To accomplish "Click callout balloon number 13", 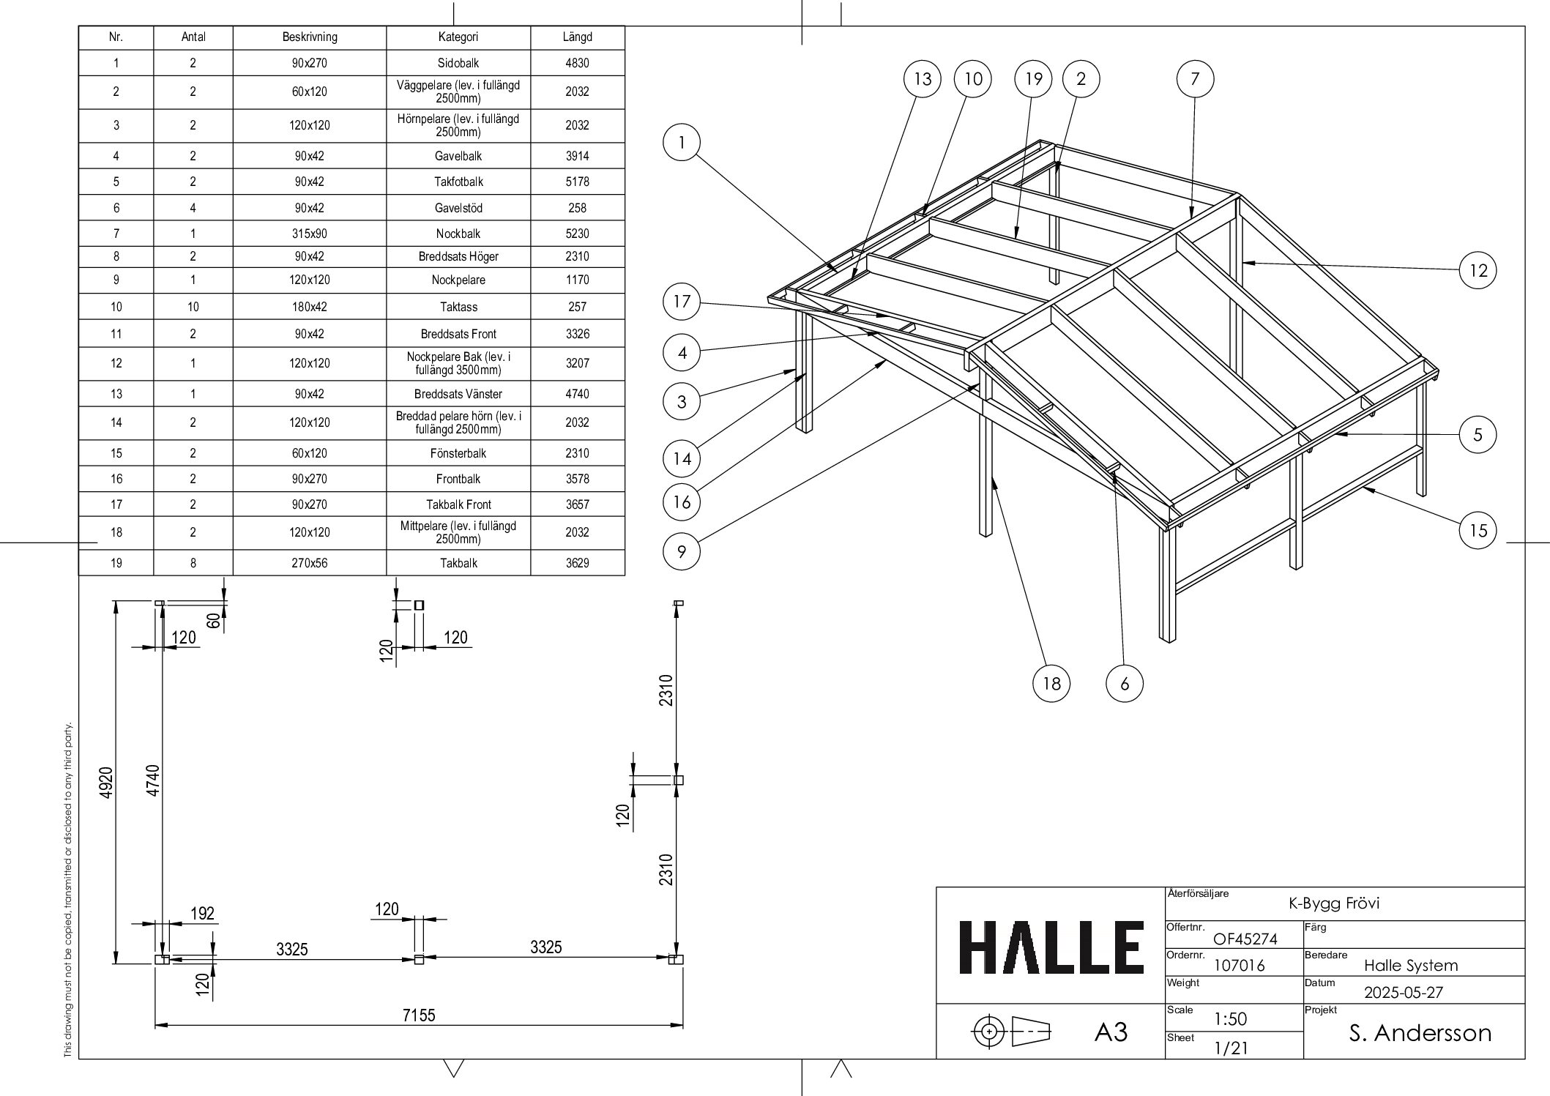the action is [923, 79].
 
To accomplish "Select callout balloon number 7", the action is [1195, 79].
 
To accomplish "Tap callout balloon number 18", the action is [1051, 684].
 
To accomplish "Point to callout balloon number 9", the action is [682, 551].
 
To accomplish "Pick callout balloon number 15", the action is [1478, 530].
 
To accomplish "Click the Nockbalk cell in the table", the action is [458, 234].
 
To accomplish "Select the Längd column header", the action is [577, 37].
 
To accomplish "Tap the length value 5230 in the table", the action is [577, 234].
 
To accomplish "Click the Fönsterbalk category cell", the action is [458, 453].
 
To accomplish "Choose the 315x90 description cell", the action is [310, 234].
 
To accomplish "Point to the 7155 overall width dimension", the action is [419, 1015].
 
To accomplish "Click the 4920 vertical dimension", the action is [106, 783].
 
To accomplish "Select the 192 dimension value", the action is [203, 914].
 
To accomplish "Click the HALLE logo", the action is [1051, 947].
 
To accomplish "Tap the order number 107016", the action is [1239, 966].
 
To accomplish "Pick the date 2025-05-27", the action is [1403, 993].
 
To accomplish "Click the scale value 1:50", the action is [1230, 1019].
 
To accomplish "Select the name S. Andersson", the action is [1420, 1033].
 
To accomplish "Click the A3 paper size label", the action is [1111, 1032].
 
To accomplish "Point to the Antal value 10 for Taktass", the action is [193, 307].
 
